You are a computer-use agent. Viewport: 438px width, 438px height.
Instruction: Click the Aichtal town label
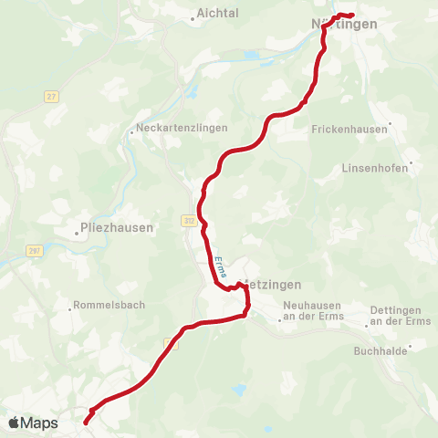217,15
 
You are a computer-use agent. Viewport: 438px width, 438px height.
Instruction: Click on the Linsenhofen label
375,168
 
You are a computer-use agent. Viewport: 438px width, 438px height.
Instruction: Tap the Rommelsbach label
108,305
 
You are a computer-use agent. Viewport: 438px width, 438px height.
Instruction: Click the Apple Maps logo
33,422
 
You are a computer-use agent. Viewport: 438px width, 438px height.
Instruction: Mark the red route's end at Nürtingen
351,15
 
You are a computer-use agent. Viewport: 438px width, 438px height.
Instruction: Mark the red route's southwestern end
87,421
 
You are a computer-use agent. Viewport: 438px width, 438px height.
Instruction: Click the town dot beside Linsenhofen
412,164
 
